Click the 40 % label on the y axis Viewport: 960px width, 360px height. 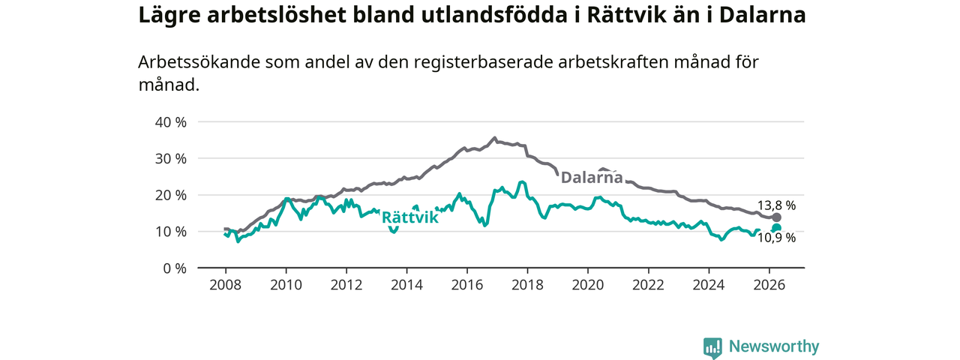tap(170, 122)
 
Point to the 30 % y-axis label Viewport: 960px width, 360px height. tap(170, 159)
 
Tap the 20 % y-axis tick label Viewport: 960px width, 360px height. tap(170, 196)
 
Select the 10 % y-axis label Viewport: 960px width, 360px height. tap(170, 232)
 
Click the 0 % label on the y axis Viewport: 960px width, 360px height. tap(175, 268)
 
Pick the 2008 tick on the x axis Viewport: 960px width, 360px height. tap(226, 285)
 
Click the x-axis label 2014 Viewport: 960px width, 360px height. tap(406, 285)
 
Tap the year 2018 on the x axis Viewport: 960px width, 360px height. tap(527, 285)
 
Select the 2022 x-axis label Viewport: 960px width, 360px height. tap(649, 285)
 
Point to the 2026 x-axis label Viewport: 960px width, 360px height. tap(769, 285)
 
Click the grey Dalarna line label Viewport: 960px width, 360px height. tap(592, 178)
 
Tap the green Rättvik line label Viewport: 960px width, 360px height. tap(410, 217)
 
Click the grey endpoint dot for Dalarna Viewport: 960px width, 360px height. tap(776, 217)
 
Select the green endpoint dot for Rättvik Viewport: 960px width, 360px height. tap(776, 228)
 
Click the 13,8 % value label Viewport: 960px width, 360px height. tap(776, 205)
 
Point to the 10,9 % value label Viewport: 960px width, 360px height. tap(776, 238)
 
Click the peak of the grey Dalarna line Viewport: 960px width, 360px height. tap(494, 138)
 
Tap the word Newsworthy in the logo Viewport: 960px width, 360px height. tap(774, 346)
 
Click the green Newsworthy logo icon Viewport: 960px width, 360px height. tap(712, 348)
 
